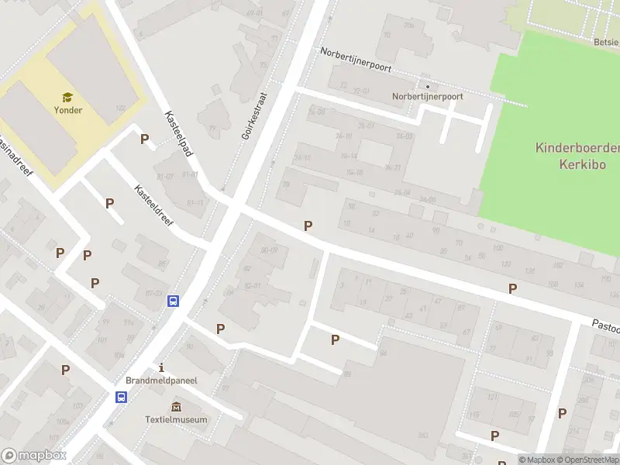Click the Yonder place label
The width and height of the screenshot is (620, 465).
[68, 110]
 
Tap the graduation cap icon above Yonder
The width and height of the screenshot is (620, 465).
[68, 97]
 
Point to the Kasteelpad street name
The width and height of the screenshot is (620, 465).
[178, 134]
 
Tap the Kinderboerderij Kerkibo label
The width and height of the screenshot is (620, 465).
[577, 155]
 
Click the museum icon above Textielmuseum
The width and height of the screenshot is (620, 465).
[177, 407]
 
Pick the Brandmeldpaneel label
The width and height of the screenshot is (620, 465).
[162, 381]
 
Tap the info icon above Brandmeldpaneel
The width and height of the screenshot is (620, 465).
[161, 367]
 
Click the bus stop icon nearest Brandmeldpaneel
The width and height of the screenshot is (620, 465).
[121, 397]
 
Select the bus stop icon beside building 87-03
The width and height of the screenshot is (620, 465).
[174, 301]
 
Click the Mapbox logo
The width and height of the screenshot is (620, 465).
[33, 456]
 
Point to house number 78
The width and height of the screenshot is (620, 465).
[285, 184]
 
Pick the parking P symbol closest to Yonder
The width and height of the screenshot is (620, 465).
[144, 139]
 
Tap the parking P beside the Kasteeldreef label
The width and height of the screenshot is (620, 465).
[110, 203]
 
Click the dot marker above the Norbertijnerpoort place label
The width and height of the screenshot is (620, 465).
[426, 85]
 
